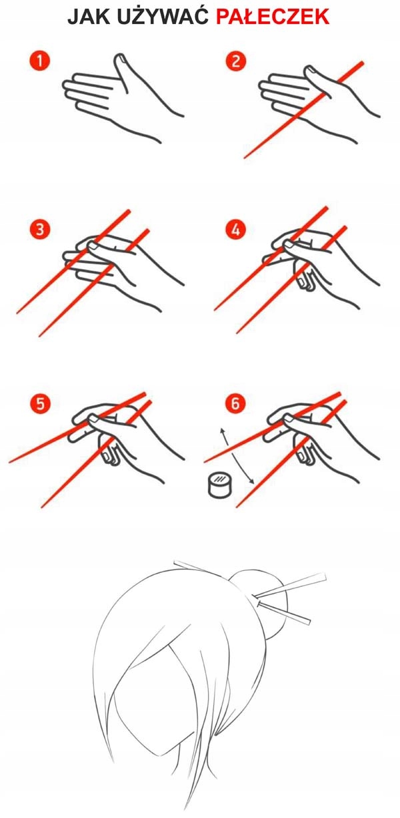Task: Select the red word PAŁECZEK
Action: [x=273, y=17]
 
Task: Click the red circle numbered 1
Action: [x=40, y=61]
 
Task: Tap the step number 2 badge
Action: [x=236, y=61]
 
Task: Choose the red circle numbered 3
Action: [x=40, y=229]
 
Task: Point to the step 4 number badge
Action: [x=236, y=229]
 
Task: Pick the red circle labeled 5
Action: [x=40, y=403]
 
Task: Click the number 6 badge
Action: [x=235, y=403]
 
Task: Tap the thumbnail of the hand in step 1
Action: [x=120, y=59]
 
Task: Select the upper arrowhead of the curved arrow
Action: [x=221, y=431]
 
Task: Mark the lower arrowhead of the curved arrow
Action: [x=251, y=482]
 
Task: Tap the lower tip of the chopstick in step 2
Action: [x=245, y=158]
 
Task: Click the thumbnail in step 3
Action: [x=95, y=246]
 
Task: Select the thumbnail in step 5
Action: [x=95, y=419]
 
